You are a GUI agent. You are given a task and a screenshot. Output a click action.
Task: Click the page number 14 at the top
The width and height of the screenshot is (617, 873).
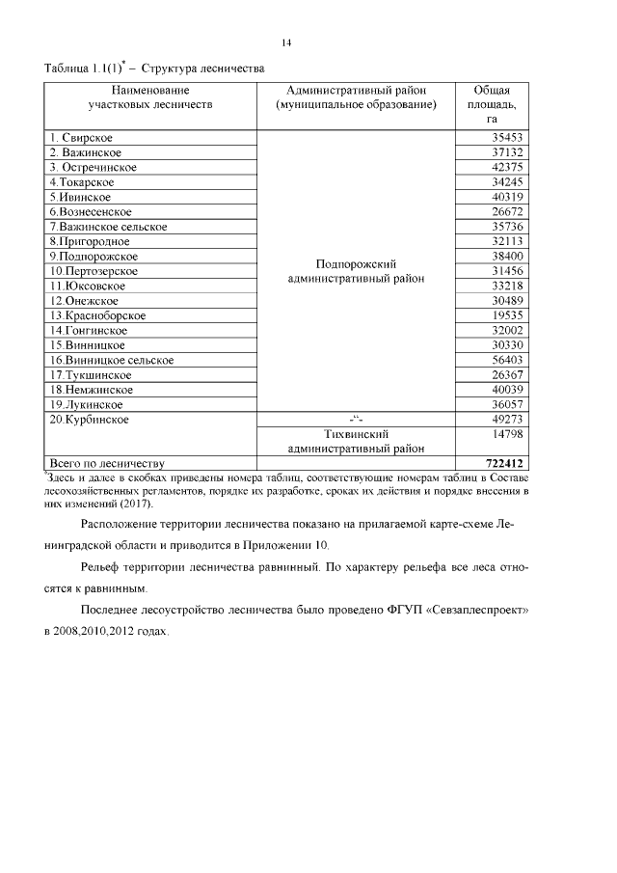(x=286, y=42)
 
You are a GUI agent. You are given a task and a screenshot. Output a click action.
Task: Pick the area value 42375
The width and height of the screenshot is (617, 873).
(x=503, y=167)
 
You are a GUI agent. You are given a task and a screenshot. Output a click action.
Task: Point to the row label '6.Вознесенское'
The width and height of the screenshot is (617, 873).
(x=91, y=211)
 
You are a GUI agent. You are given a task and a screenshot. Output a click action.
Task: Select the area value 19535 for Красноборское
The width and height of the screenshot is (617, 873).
(x=503, y=315)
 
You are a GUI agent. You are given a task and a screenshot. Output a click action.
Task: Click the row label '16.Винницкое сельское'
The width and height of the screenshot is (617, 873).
(x=112, y=360)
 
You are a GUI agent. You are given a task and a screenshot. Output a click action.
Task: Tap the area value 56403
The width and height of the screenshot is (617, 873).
(x=503, y=360)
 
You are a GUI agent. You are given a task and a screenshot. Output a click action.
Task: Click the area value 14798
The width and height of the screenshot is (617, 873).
(x=503, y=435)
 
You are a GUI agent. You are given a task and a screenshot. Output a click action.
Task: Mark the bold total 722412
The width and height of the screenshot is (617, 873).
(x=499, y=464)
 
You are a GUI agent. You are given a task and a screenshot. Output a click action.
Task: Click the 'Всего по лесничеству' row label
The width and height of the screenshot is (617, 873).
(x=107, y=464)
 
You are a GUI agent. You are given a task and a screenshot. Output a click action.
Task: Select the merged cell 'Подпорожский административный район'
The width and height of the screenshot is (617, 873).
(x=357, y=271)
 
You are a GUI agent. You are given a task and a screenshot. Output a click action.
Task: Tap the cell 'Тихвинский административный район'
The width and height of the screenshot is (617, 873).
(x=357, y=442)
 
